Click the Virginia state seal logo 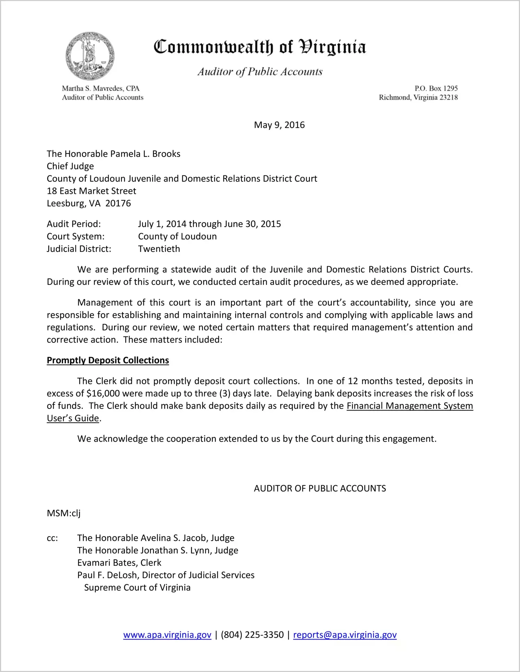pyautogui.click(x=90, y=56)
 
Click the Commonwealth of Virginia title pyautogui.click(x=260, y=47)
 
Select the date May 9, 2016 pyautogui.click(x=279, y=125)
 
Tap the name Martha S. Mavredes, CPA pyautogui.click(x=101, y=88)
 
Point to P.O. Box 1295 pyautogui.click(x=436, y=88)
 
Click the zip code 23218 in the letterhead pyautogui.click(x=448, y=97)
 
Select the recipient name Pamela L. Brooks pyautogui.click(x=145, y=154)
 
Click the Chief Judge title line pyautogui.click(x=70, y=166)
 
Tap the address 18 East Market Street pyautogui.click(x=92, y=191)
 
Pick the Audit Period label pyautogui.click(x=74, y=224)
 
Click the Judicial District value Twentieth pyautogui.click(x=159, y=249)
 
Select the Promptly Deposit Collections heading pyautogui.click(x=108, y=360)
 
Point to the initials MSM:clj pyautogui.click(x=64, y=513)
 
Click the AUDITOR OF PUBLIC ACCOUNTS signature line pyautogui.click(x=320, y=489)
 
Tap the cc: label pyautogui.click(x=52, y=538)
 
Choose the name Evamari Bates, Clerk pyautogui.click(x=119, y=563)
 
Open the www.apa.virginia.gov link pyautogui.click(x=167, y=635)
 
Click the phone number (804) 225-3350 pyautogui.click(x=252, y=635)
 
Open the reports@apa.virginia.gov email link pyautogui.click(x=345, y=635)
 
